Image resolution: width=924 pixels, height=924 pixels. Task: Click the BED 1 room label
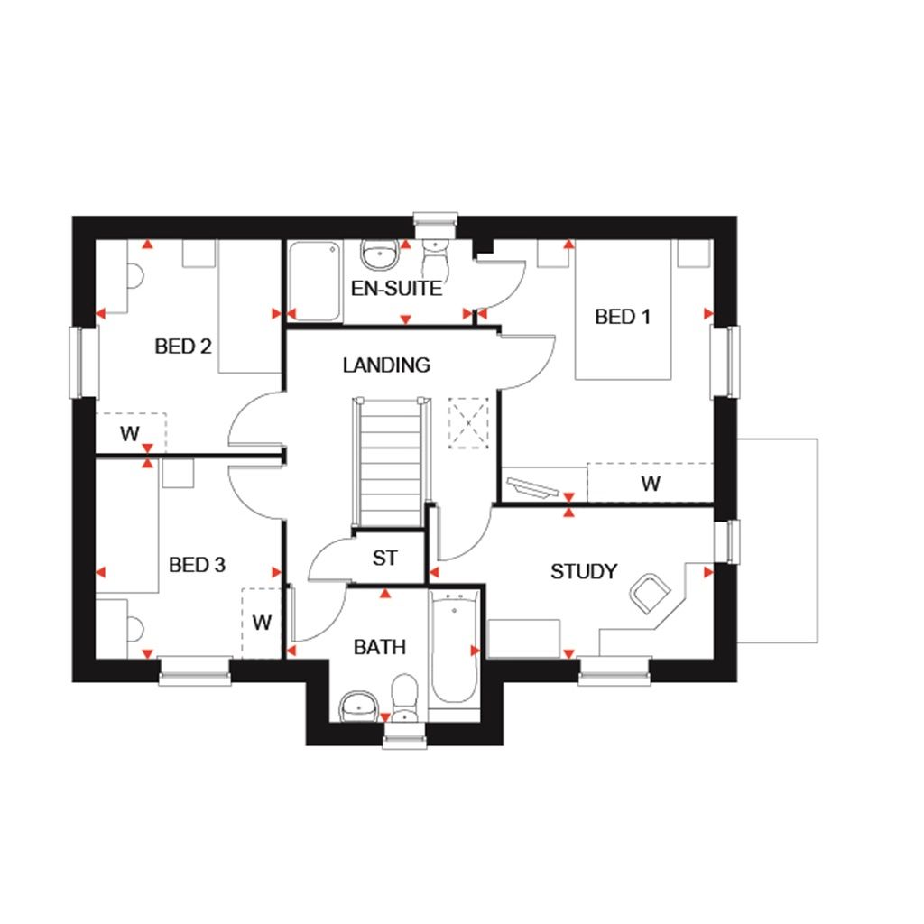coord(622,317)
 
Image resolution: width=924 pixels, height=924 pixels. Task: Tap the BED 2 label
coord(182,346)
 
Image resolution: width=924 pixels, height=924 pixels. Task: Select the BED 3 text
coord(197,565)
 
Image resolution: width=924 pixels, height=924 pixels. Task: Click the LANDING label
coord(386,365)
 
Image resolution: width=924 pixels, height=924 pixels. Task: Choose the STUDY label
coord(584,571)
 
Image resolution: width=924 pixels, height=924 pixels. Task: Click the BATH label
coord(379,647)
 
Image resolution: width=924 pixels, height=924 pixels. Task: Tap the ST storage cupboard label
coord(385,559)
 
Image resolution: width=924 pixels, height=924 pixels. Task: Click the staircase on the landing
coord(390,460)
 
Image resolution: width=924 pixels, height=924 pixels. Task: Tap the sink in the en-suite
coord(380,254)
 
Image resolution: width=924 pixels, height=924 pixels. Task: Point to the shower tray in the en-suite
coord(315,280)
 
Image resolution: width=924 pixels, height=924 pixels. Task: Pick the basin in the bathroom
coord(359,704)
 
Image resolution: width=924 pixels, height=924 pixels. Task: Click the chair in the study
coord(650,591)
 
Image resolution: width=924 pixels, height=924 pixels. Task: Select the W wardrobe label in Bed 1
coord(650,484)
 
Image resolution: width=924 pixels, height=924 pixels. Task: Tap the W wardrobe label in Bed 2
coord(130,434)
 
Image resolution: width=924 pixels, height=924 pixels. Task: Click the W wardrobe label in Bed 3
coord(262,622)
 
